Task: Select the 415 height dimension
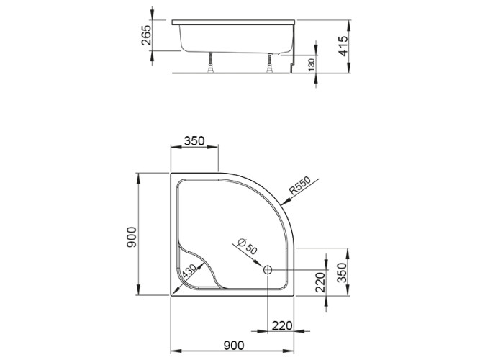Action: pos(343,48)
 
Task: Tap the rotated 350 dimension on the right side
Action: pos(343,272)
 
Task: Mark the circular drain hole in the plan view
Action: pos(268,270)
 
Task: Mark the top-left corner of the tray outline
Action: pos(171,173)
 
